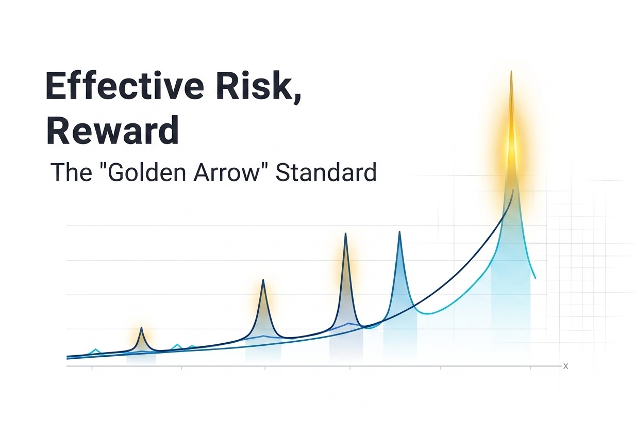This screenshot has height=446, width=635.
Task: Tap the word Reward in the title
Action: point(113,130)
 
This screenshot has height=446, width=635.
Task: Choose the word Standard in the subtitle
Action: point(326,172)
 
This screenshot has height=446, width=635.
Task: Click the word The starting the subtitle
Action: point(71,172)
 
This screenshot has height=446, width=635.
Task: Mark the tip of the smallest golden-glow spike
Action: point(141,327)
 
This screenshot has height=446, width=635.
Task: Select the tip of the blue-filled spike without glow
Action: point(400,232)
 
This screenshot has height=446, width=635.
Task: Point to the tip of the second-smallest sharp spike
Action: point(263,280)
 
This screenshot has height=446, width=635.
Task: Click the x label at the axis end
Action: point(565,366)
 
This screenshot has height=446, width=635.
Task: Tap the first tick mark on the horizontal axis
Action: point(92,368)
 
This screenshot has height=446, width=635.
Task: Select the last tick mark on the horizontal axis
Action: point(530,368)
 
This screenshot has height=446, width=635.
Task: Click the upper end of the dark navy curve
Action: point(513,189)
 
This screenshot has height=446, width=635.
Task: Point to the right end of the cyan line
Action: point(536,278)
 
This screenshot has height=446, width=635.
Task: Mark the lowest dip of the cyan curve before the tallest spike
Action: point(429,314)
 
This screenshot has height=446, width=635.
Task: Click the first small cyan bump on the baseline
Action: point(96,351)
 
